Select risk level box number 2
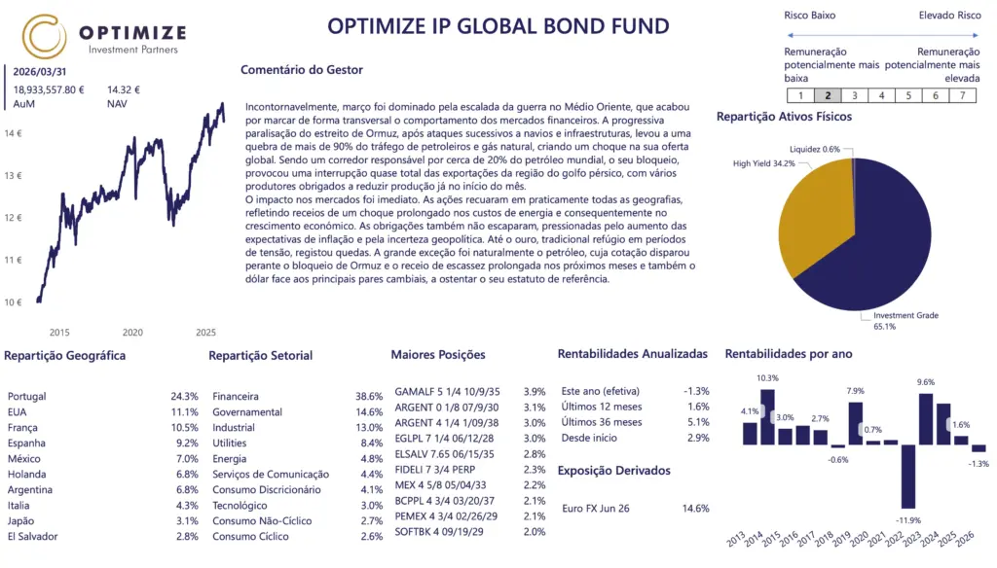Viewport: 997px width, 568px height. (x=827, y=95)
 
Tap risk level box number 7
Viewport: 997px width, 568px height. (x=961, y=95)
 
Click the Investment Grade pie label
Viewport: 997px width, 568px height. (x=905, y=320)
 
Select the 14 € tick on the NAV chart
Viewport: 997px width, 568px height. (x=14, y=133)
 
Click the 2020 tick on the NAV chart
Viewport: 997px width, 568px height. (x=132, y=332)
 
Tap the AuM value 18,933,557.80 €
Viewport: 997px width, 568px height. (x=49, y=89)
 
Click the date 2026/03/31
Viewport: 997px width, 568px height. (x=40, y=71)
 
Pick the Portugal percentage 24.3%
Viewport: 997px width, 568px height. (x=184, y=397)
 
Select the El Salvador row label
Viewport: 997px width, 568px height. (x=32, y=537)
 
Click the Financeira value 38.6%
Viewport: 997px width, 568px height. (x=369, y=397)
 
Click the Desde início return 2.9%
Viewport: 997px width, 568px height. (x=697, y=438)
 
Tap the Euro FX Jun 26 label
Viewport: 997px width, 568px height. (x=596, y=508)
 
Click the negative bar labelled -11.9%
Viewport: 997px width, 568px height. (x=908, y=476)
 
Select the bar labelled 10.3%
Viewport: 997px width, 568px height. (x=767, y=416)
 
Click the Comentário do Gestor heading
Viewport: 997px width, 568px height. (x=301, y=70)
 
